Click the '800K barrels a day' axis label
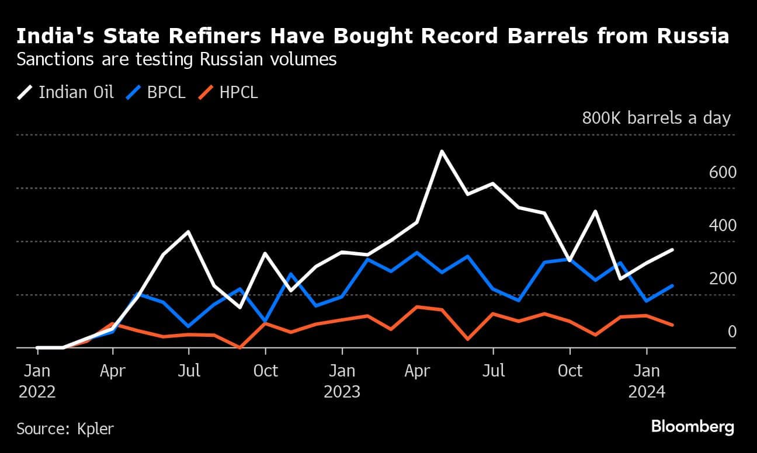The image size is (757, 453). tap(656, 118)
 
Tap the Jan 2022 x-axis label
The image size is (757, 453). tap(37, 381)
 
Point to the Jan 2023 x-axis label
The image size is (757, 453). tap(342, 381)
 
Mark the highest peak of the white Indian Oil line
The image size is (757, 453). tap(442, 151)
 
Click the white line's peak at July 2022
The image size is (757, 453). tap(188, 232)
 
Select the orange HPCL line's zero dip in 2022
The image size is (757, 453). tap(239, 347)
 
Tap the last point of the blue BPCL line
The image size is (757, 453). tap(673, 285)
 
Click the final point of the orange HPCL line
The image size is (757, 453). tap(673, 325)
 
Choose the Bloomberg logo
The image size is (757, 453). tap(692, 427)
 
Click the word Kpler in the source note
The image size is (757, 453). tap(95, 428)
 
